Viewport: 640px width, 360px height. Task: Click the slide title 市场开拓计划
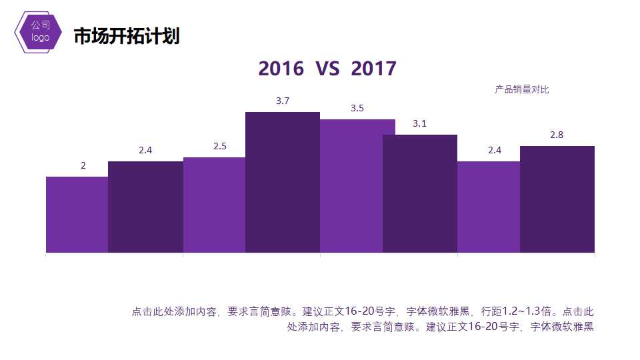(x=126, y=37)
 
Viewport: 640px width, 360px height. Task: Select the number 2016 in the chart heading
(x=280, y=69)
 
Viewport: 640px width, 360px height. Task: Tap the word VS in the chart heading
(x=327, y=69)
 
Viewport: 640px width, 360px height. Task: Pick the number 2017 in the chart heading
(x=373, y=69)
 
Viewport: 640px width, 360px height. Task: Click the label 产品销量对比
(x=521, y=89)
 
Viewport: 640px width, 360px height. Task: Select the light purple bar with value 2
(x=77, y=215)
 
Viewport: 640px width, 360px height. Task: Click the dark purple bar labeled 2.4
(x=145, y=207)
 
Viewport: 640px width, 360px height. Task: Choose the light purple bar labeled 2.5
(x=214, y=205)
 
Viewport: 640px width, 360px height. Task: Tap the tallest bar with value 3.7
(x=283, y=182)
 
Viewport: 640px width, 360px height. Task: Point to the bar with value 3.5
(x=351, y=186)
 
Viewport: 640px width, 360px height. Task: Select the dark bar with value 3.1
(x=420, y=193)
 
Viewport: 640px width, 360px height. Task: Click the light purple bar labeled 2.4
(x=489, y=207)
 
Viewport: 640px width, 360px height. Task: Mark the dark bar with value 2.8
(x=557, y=199)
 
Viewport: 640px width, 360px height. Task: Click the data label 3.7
(x=283, y=101)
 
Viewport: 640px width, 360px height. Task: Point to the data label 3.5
(x=357, y=108)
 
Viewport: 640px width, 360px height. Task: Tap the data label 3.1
(x=419, y=123)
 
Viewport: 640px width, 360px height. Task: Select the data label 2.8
(x=557, y=135)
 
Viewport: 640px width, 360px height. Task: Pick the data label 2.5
(x=220, y=146)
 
